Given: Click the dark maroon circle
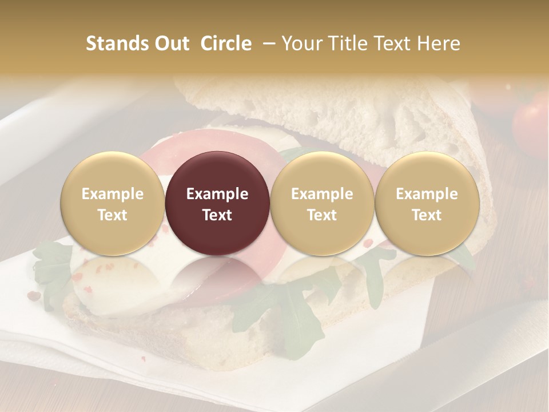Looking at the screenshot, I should click(x=217, y=204).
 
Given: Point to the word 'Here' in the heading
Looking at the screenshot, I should click(x=437, y=43).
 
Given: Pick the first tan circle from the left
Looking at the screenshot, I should click(x=112, y=204).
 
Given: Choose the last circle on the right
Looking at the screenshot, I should click(x=427, y=204).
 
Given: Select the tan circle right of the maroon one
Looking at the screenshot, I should click(x=322, y=204).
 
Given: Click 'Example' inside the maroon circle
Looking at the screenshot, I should click(x=217, y=194).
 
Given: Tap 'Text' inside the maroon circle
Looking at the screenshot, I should click(x=217, y=215).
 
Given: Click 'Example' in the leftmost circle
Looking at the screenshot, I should click(x=112, y=194).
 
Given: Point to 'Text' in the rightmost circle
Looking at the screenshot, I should click(x=427, y=215).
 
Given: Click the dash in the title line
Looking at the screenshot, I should click(x=266, y=43).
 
